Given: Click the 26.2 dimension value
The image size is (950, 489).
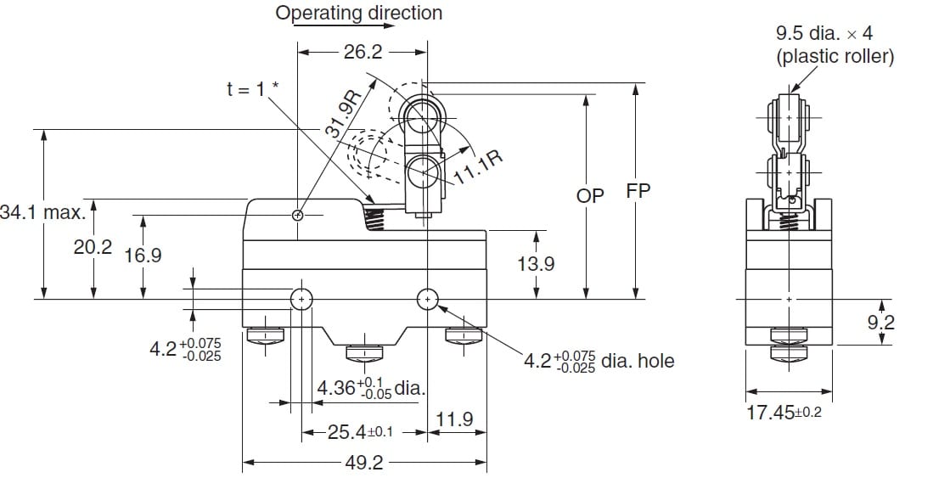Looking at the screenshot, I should pos(363,53).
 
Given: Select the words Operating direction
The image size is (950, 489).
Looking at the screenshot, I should pos(359,14).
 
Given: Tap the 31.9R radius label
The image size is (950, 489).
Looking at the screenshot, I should pos(344,115).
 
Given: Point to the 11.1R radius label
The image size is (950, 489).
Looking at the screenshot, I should pos(477,166).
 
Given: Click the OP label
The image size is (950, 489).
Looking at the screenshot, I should pos(590,195).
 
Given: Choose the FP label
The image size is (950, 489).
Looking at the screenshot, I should pos(638,192).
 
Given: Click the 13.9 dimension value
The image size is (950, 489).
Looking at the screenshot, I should pos(536,264).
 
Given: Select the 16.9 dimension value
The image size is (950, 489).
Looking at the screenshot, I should pos(143,255).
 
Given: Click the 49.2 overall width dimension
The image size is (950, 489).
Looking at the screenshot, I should pos(363,464).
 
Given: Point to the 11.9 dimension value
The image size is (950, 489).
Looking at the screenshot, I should pos(454,420).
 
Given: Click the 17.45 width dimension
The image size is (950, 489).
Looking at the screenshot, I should pos(783,413).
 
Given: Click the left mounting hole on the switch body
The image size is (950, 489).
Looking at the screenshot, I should pos(302,299).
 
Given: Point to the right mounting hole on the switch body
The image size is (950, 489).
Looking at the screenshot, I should pos(427,298).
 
